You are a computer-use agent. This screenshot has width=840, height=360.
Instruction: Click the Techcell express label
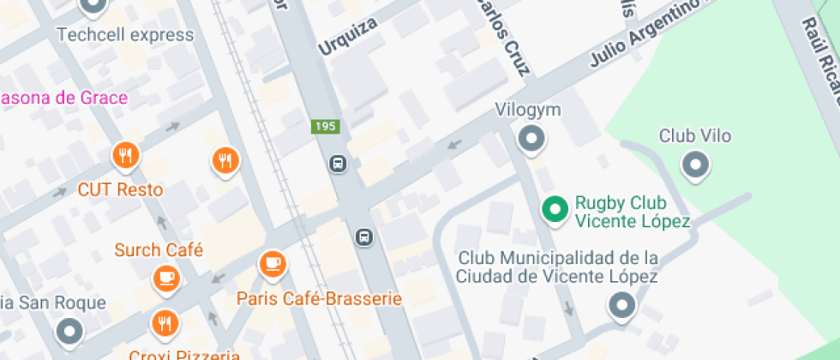(125, 35)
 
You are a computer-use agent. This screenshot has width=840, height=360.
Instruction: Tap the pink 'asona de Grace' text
(64, 98)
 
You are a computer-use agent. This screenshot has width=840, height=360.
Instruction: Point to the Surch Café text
(159, 250)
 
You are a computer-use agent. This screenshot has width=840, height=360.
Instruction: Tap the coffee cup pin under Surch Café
(165, 278)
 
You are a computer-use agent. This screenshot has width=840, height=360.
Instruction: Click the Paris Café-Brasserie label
(320, 299)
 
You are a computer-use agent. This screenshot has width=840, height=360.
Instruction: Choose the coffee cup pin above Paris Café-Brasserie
(273, 263)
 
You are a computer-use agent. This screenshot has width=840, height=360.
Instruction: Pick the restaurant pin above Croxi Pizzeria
(164, 323)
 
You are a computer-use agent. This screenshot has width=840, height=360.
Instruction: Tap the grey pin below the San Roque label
(69, 330)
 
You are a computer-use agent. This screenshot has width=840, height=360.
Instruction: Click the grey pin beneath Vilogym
(532, 138)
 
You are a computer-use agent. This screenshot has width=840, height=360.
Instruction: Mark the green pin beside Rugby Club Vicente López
(555, 209)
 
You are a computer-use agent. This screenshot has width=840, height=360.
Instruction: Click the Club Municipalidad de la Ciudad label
(557, 267)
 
